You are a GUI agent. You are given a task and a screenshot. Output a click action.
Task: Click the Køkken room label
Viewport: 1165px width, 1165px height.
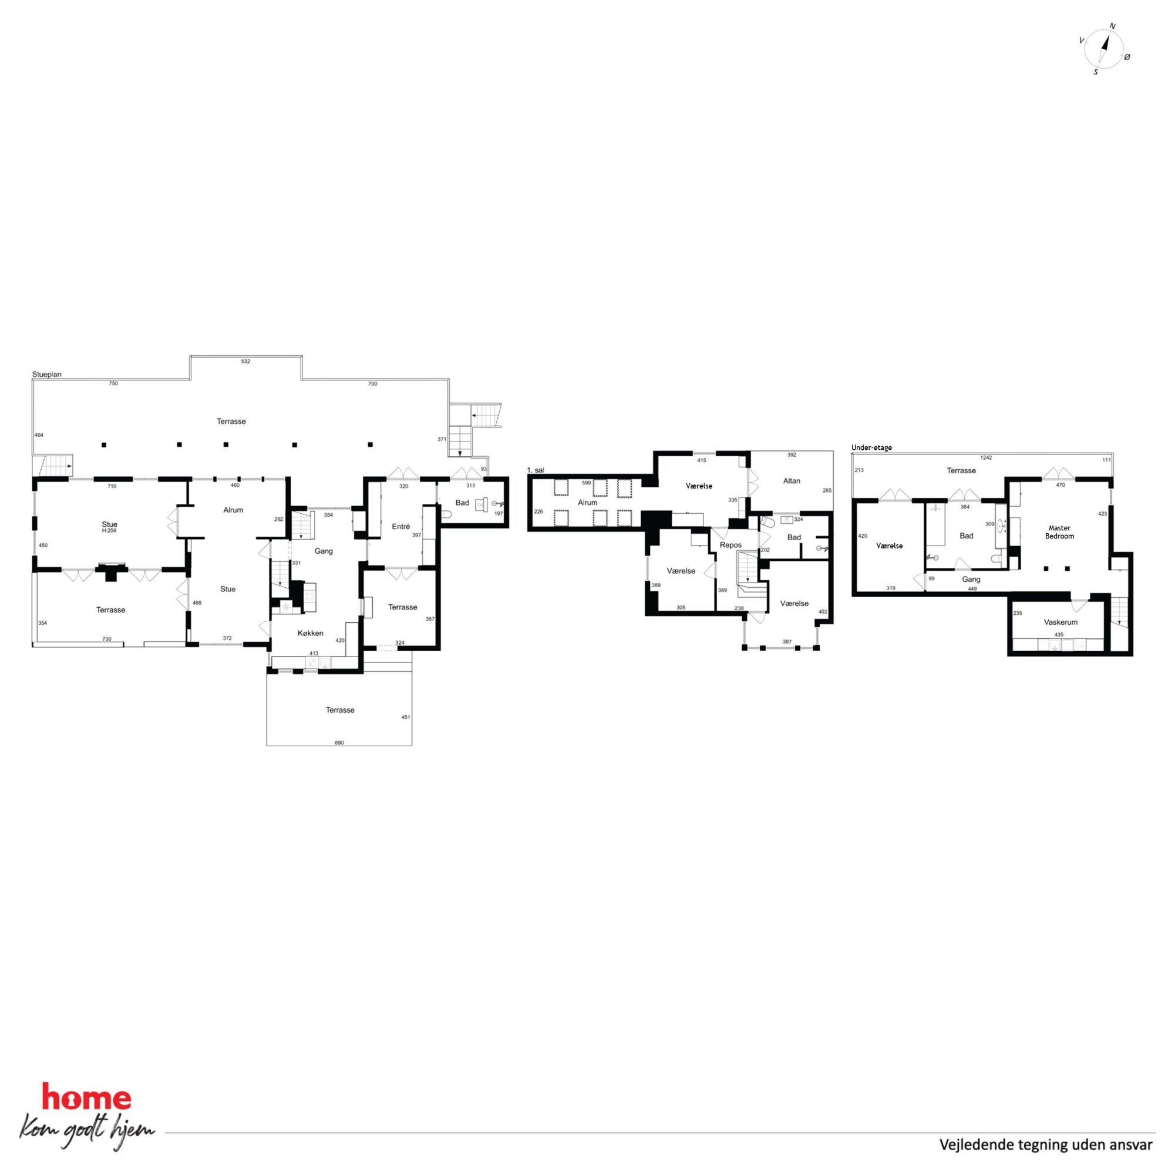(311, 633)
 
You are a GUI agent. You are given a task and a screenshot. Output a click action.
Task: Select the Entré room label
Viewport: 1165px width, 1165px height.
(401, 526)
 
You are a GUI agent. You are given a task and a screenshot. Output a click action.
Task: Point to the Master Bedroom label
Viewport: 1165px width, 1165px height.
(1059, 532)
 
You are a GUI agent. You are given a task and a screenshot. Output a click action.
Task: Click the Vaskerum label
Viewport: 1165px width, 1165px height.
(1060, 622)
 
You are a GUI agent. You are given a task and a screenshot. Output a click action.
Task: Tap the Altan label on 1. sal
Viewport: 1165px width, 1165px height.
(792, 480)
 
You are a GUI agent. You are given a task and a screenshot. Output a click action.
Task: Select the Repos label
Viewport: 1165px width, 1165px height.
(731, 545)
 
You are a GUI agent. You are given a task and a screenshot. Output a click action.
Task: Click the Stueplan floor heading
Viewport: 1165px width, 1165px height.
(47, 375)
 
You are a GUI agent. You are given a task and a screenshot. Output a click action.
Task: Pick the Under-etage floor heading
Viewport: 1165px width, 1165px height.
(871, 447)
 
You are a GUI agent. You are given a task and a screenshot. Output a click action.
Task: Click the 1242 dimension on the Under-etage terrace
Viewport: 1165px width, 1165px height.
(986, 457)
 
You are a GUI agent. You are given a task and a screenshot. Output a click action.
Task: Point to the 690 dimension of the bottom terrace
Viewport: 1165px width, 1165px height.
(339, 743)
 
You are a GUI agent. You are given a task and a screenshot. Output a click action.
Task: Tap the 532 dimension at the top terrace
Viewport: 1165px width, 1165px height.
(245, 361)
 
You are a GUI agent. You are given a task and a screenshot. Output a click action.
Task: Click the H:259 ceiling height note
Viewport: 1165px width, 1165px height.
(109, 531)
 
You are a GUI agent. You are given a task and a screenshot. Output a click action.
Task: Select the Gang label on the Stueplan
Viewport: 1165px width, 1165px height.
(324, 551)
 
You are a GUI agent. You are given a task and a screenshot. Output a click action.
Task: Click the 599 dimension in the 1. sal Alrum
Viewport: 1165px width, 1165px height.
(587, 483)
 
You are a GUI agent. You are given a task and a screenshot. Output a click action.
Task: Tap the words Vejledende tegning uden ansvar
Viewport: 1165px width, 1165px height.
(1038, 1144)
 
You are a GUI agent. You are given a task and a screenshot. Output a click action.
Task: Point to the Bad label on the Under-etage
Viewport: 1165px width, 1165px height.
(967, 536)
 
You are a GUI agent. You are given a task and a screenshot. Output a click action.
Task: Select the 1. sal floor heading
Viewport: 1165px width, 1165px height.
(536, 470)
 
